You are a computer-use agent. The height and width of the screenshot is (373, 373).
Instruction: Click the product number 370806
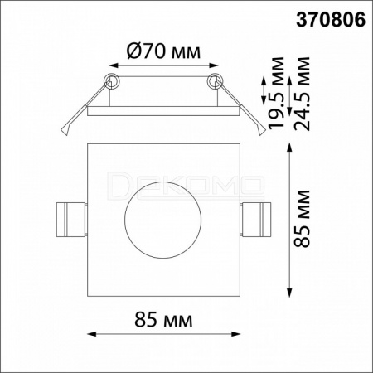click(x=331, y=20)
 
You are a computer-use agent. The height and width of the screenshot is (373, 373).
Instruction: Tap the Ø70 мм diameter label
click(x=163, y=51)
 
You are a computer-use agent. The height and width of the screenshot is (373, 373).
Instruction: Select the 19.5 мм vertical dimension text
click(x=276, y=93)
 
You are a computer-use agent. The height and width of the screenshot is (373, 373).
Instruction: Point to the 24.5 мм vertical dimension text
click(x=302, y=94)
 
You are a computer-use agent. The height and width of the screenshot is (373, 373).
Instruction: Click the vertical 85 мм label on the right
click(x=302, y=218)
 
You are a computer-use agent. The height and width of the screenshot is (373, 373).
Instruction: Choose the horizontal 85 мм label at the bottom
click(x=163, y=320)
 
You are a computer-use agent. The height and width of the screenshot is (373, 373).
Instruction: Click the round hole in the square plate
click(x=163, y=220)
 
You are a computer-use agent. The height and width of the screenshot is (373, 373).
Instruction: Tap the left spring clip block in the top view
click(x=71, y=220)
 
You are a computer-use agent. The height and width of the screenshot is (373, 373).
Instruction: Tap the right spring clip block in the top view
click(x=256, y=220)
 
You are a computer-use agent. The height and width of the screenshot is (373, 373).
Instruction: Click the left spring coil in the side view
click(x=112, y=81)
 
